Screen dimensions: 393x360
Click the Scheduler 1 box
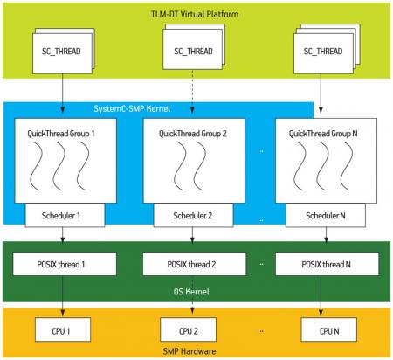(65, 215)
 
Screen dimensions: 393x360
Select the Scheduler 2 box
(193, 215)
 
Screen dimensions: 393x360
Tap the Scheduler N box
(326, 215)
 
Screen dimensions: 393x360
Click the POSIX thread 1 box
(65, 264)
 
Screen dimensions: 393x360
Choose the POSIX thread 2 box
(194, 264)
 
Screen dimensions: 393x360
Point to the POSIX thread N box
(327, 264)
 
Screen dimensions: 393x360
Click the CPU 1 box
(63, 329)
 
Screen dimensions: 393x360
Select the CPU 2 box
(189, 329)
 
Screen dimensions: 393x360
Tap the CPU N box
(328, 329)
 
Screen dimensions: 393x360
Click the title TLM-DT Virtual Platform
(195, 14)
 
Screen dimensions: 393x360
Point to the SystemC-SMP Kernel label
(132, 108)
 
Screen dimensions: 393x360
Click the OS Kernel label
(191, 292)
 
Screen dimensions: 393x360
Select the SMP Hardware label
(190, 351)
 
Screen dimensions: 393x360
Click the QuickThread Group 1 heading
(61, 134)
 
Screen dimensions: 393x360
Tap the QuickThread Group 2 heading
(192, 134)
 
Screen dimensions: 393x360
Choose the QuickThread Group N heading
(323, 134)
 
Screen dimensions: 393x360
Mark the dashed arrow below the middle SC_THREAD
(192, 92)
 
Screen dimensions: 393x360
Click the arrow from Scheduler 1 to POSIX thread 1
(63, 235)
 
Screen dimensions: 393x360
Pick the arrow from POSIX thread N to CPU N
(321, 296)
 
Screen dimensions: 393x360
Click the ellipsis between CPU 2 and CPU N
(260, 331)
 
